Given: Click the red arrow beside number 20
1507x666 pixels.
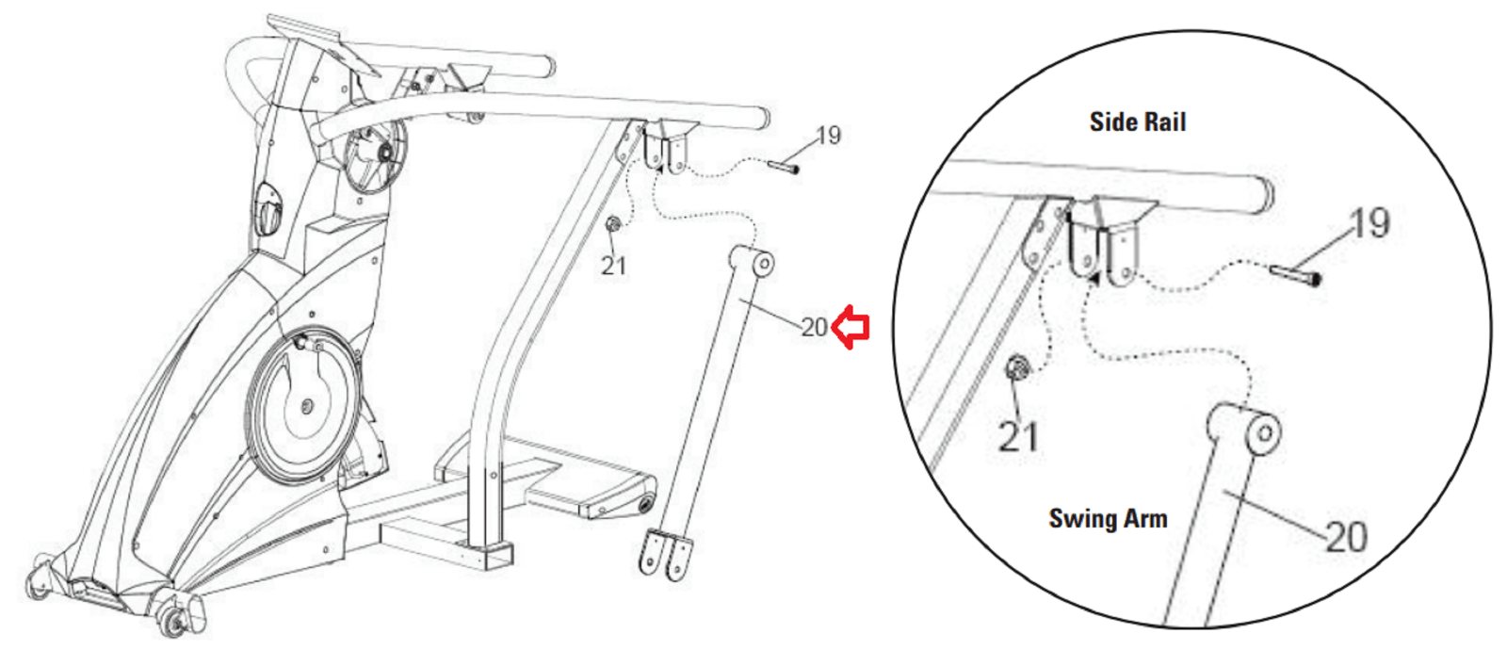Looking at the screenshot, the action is [851, 328].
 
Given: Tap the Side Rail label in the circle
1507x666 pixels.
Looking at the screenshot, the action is [1138, 122].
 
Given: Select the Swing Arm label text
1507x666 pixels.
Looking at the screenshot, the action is [1108, 519].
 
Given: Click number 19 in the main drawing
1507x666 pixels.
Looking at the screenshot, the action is [829, 136].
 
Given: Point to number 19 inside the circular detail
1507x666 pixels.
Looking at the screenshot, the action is [1369, 223].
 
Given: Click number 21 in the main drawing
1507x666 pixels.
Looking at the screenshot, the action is [613, 266].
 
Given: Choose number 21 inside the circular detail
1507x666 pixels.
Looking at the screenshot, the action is [1019, 436].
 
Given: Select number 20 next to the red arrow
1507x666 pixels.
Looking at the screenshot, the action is [814, 328].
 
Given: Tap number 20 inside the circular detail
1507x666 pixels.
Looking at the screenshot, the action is [1346, 537].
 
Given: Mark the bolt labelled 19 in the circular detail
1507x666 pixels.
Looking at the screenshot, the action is [1295, 274].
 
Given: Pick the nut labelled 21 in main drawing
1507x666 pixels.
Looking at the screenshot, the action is [612, 225].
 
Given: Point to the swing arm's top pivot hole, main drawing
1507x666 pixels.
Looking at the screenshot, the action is [765, 264].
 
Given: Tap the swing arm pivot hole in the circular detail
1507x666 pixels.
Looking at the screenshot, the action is [1265, 434].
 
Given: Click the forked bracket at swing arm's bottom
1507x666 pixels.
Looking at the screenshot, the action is [666, 555].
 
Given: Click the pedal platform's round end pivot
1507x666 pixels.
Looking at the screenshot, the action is [647, 502].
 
